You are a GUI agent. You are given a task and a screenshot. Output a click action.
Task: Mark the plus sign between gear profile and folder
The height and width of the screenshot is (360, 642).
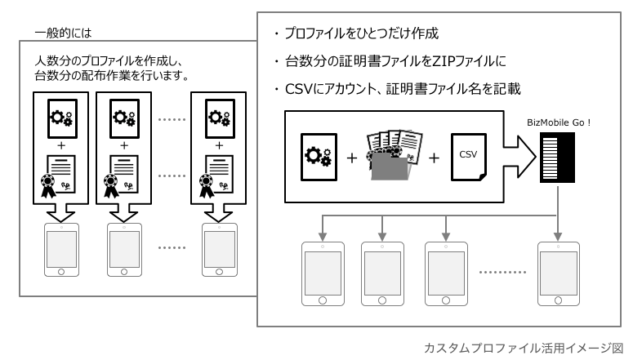point(352,154)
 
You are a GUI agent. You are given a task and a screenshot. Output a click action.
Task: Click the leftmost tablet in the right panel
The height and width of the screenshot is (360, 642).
point(321,273)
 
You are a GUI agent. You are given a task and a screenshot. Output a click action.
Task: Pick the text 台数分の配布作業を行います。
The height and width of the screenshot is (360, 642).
point(112,76)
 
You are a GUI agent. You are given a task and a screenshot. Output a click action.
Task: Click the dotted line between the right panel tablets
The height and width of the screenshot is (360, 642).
point(502,273)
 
